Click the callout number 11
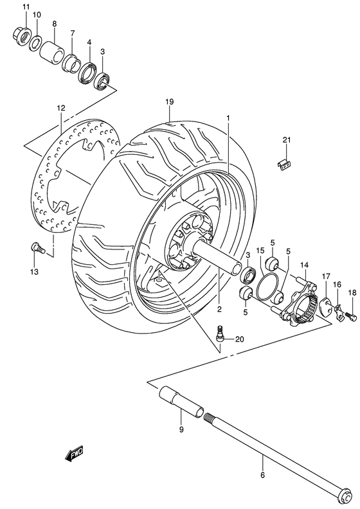(26, 7)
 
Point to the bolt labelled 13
(35, 246)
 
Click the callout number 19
(169, 102)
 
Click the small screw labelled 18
(350, 315)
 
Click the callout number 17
(326, 277)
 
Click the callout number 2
(220, 309)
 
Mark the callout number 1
(228, 118)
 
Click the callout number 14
(304, 264)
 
